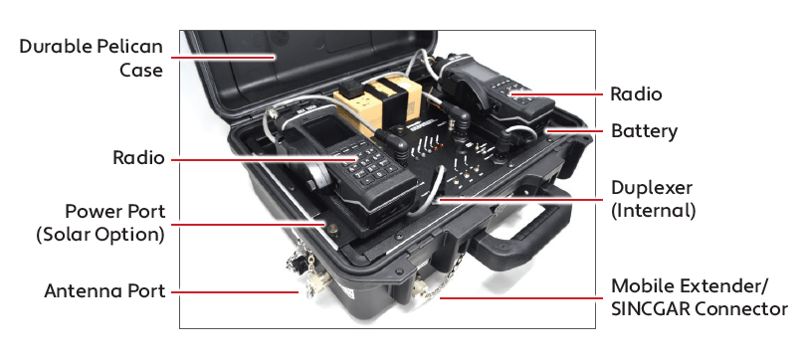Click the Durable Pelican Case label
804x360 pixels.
91,58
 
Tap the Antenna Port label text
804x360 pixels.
104,290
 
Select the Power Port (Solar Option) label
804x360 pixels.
100,223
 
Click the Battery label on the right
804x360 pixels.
644,131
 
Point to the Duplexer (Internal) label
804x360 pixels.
653,199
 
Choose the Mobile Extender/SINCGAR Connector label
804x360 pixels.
699,297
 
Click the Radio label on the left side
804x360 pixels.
138,158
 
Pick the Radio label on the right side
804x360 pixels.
636,93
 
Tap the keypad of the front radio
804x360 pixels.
370,163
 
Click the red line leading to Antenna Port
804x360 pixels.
236,292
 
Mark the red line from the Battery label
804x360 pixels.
575,130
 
